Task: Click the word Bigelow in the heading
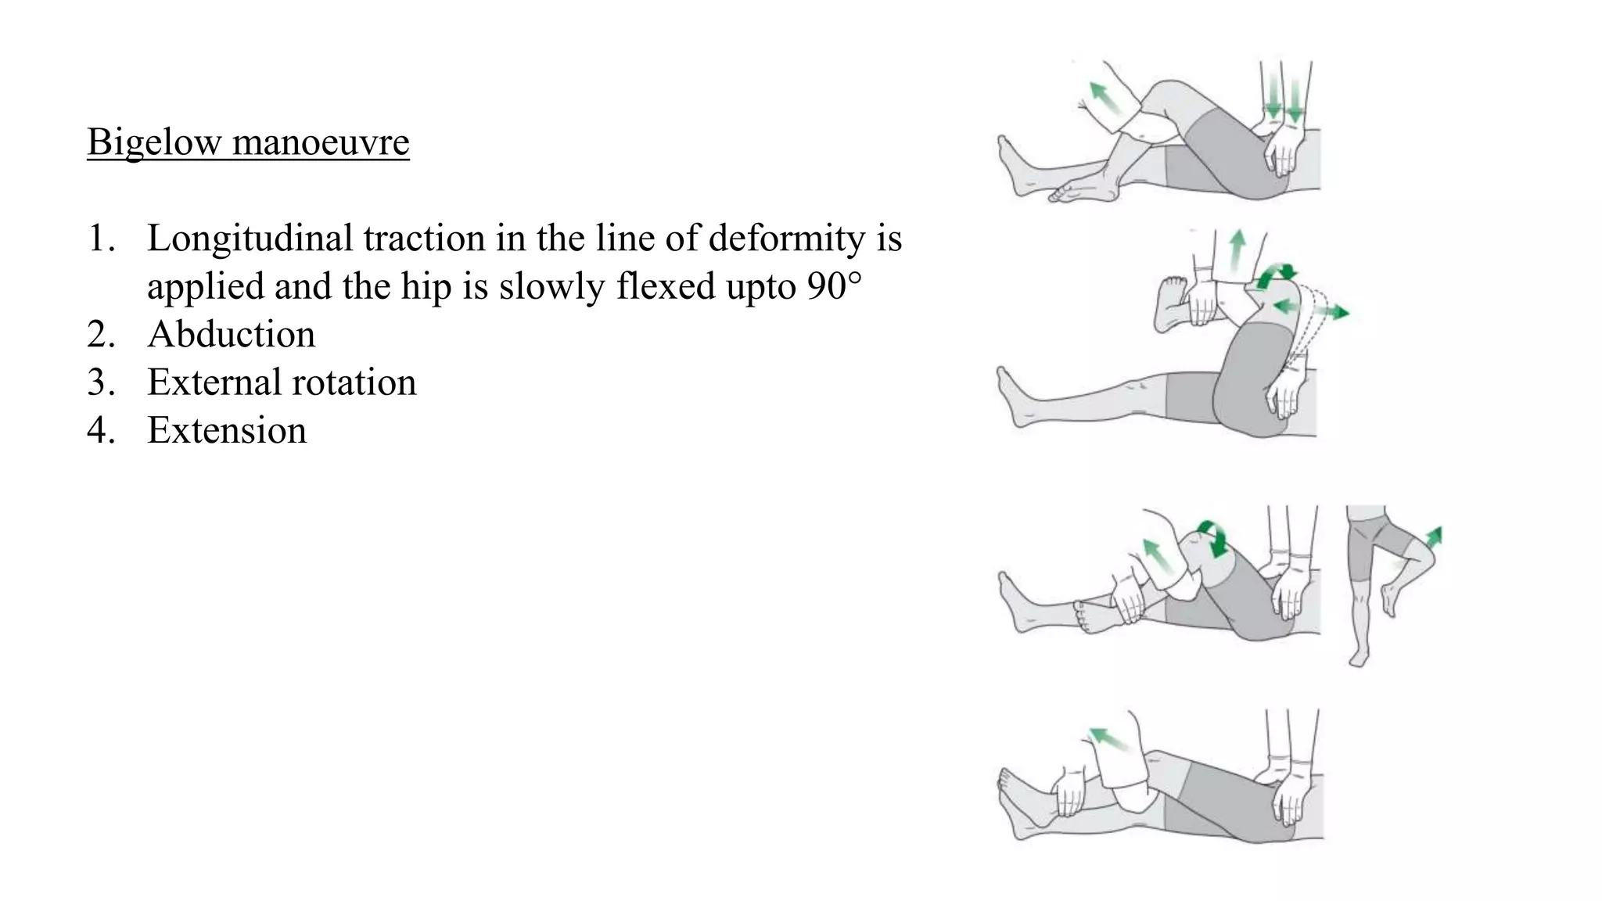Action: [x=154, y=142]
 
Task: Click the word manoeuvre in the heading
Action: [x=320, y=142]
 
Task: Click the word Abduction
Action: [x=232, y=335]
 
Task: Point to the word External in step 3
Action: [x=214, y=383]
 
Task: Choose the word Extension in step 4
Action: [x=227, y=431]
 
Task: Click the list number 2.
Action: [x=100, y=335]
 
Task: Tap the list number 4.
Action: [x=100, y=431]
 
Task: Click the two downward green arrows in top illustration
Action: [x=1284, y=99]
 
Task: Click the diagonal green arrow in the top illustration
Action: [x=1105, y=98]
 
